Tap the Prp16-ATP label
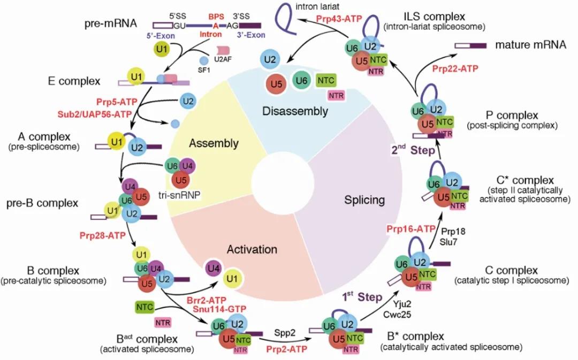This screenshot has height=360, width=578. (410, 228)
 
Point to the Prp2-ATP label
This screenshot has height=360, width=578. (286, 349)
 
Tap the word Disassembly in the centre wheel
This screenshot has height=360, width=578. (296, 111)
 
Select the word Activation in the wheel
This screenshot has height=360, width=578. (252, 250)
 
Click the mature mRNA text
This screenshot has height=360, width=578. (530, 45)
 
